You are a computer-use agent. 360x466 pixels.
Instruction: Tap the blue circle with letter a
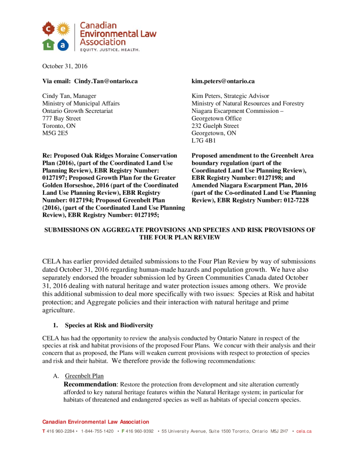(x=63, y=45)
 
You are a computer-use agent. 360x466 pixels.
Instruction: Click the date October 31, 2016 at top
(x=65, y=66)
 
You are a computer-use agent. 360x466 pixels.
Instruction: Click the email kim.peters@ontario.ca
(x=223, y=81)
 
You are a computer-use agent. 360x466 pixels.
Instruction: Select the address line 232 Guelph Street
(x=215, y=126)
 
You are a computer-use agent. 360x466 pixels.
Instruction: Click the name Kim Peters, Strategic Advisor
(x=230, y=96)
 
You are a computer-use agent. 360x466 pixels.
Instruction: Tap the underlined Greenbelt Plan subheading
(x=84, y=376)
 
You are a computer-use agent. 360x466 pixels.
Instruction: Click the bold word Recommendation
(x=90, y=385)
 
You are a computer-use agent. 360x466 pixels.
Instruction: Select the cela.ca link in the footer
(x=304, y=431)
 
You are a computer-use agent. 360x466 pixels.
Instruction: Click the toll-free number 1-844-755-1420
(x=97, y=431)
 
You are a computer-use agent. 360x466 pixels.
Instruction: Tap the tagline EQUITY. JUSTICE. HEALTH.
(x=110, y=49)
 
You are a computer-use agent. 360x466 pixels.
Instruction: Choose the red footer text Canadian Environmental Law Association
(x=96, y=422)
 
